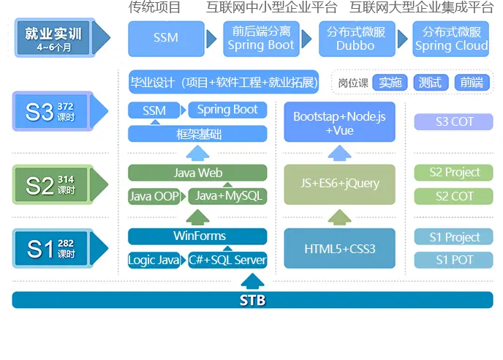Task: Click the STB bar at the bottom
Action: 252,300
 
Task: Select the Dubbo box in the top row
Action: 357,39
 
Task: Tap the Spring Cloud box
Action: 450,39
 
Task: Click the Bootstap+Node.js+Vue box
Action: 339,122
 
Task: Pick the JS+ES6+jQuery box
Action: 339,184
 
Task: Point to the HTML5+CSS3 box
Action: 339,248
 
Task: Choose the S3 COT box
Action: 453,121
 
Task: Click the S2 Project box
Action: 453,173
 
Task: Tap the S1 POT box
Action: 453,260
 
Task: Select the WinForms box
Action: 197,236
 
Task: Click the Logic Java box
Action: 154,260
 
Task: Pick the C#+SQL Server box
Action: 227,260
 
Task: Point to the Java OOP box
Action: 154,196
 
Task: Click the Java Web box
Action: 197,173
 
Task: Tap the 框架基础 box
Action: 197,134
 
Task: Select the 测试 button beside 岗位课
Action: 431,83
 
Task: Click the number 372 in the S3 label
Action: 66,106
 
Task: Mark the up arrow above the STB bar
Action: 252,280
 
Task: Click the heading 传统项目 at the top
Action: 154,7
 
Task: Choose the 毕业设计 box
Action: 223,82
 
